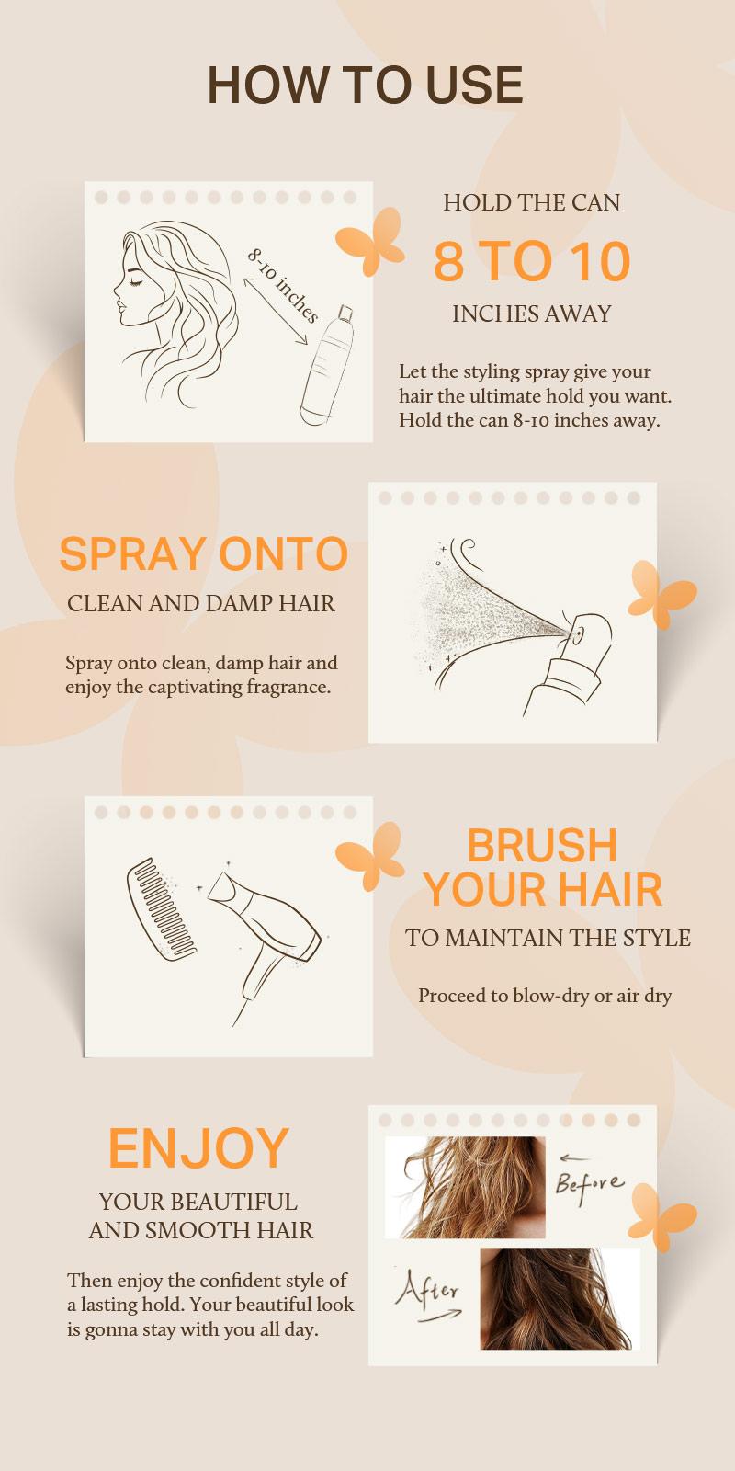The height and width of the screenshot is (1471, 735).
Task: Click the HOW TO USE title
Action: pos(366,85)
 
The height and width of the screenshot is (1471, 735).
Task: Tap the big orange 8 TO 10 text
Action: pos(532,261)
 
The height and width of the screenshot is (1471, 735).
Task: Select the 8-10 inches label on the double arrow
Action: pos(282,286)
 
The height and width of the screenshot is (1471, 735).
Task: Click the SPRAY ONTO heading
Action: pos(203,554)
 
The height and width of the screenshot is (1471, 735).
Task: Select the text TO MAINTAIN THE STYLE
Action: pos(548,939)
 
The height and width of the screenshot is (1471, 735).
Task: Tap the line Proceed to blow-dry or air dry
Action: pos(545,996)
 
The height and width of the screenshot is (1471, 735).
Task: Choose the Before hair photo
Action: pos(465,1187)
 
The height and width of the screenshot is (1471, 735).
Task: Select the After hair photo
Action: pos(560,1298)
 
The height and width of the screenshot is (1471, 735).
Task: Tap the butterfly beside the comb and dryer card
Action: pos(370,856)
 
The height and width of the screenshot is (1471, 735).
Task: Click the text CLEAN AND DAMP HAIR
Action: pos(201,604)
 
